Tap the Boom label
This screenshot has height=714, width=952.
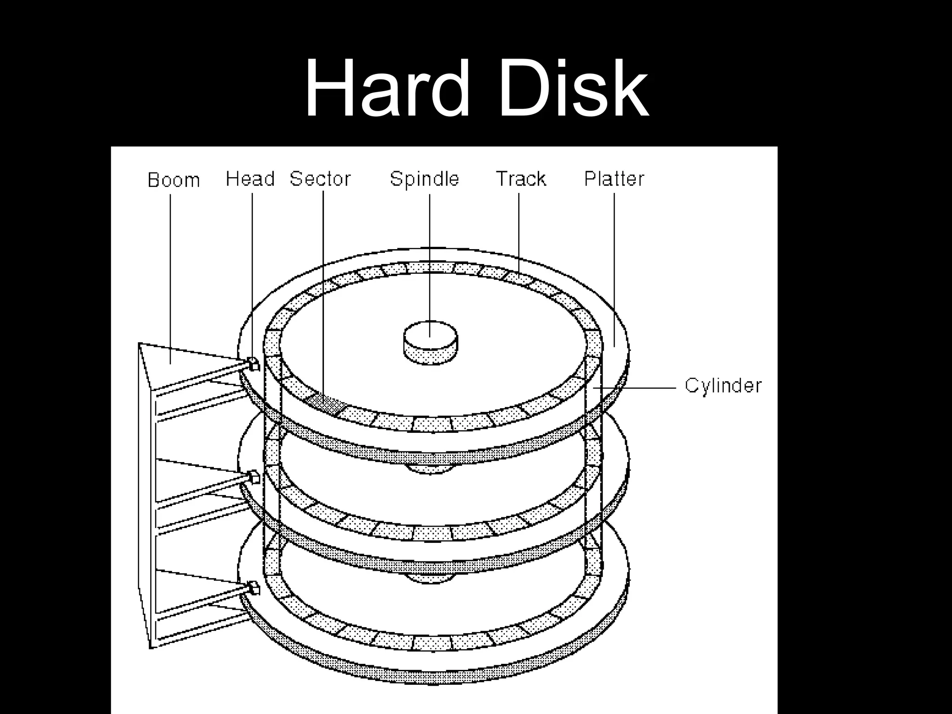173,180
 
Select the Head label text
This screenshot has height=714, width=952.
250,179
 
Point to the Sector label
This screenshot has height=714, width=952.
320,179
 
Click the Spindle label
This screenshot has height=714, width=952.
424,179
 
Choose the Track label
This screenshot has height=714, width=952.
521,179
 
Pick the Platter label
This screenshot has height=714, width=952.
614,179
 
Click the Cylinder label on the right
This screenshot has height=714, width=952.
723,386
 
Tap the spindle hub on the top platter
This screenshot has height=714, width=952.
430,342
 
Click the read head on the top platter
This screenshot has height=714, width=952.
253,364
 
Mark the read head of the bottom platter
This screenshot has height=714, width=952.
254,587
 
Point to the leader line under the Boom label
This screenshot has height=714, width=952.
170,279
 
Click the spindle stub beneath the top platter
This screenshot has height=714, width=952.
430,469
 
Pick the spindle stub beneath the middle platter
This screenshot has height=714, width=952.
430,578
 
